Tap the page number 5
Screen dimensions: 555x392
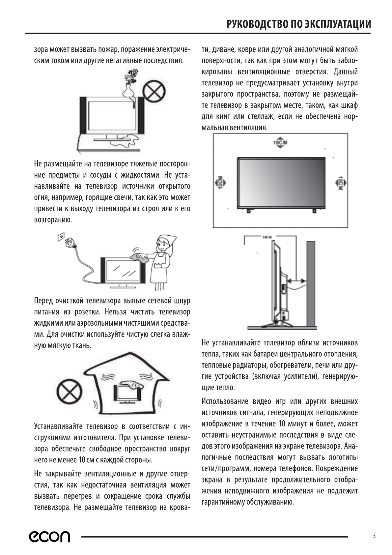[374, 536]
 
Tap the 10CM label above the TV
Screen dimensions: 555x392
[280, 143]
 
